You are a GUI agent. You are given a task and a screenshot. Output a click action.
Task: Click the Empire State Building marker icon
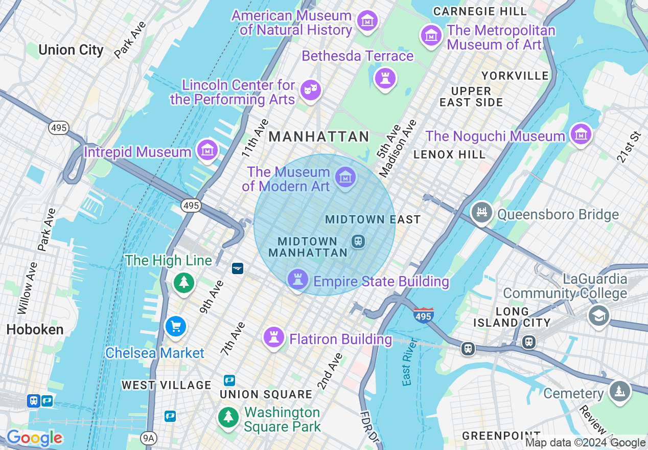click(x=297, y=280)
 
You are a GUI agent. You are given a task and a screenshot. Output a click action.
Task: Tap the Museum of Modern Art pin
click(x=345, y=177)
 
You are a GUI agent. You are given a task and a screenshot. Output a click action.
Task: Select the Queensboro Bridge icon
click(x=481, y=212)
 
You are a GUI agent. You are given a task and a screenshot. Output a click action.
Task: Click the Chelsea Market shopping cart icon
click(x=176, y=326)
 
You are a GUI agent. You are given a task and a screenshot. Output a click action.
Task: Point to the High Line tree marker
click(x=183, y=282)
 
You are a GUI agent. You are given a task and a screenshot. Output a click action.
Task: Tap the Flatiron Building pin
click(x=273, y=337)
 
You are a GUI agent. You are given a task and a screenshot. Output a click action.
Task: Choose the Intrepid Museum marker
click(x=207, y=150)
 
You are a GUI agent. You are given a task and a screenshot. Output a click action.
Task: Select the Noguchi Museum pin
click(x=581, y=134)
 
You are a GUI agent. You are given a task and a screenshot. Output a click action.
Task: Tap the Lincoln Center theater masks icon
click(x=310, y=90)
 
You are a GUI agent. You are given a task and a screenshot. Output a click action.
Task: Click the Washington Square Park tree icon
click(x=228, y=417)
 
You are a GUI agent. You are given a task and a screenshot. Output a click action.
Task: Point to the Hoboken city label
click(x=35, y=330)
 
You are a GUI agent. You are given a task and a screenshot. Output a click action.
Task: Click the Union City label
click(x=71, y=50)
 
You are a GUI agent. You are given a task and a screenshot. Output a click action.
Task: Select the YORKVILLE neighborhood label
click(x=515, y=76)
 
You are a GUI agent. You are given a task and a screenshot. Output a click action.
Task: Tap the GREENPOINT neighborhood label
click(x=494, y=436)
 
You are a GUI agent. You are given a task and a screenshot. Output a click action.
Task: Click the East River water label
click(x=407, y=369)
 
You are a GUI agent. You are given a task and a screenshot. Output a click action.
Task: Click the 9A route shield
click(x=148, y=437)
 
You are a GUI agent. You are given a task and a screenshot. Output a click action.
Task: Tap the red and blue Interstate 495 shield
click(x=424, y=315)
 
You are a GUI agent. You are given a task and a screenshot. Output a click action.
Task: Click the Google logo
click(x=34, y=438)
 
